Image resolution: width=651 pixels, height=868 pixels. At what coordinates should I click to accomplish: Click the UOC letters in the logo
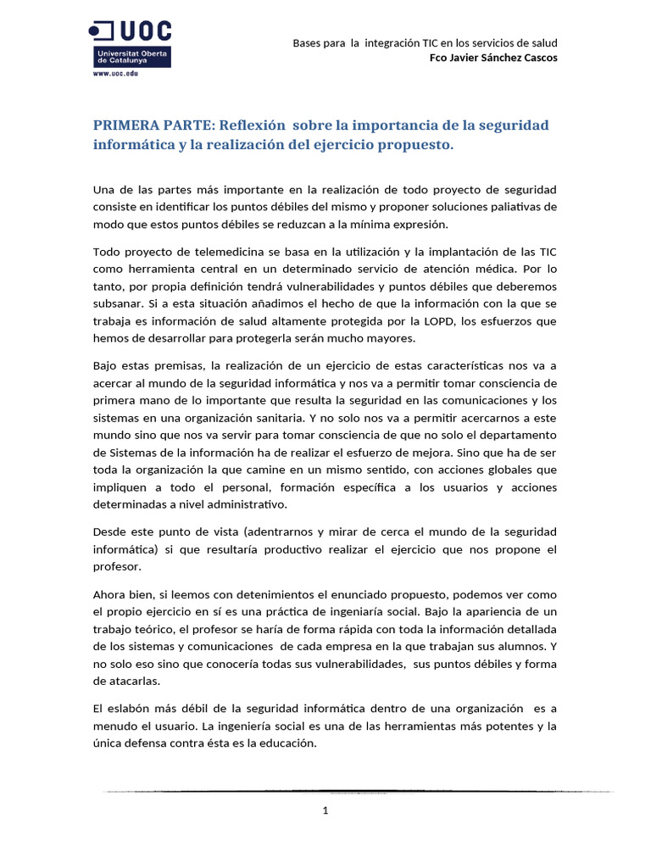point(143,32)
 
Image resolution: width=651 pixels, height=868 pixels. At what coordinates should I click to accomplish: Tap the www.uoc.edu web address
point(114,74)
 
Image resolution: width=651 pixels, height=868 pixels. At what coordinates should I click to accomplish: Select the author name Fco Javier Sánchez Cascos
point(494,58)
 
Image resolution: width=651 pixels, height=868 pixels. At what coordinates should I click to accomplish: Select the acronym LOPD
point(425,321)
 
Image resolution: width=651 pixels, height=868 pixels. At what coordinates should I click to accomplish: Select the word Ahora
point(110,595)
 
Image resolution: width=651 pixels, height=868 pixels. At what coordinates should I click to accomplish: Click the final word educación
point(287,743)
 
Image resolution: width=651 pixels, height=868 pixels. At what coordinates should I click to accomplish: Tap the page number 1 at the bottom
point(325,810)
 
